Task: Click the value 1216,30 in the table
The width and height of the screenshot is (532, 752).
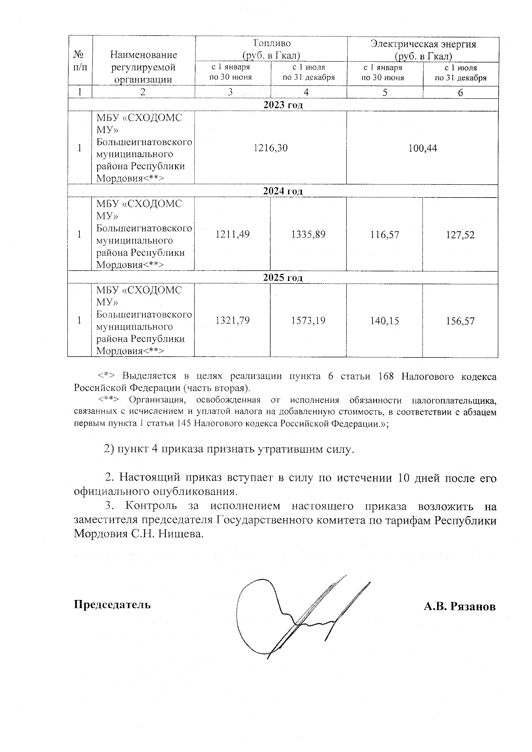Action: point(270,148)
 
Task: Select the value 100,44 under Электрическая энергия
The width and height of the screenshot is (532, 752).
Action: point(422,148)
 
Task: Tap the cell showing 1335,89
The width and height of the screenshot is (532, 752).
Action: point(308,234)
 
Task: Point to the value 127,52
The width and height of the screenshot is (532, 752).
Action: point(460,234)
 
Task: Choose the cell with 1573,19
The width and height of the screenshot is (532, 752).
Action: point(308,320)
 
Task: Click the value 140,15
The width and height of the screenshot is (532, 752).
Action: point(384,320)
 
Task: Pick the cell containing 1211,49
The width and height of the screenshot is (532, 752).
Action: point(232,234)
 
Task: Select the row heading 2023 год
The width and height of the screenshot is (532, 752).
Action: point(282,105)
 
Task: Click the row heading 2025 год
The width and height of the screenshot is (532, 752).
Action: point(282,278)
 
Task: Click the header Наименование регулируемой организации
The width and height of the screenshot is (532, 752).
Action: point(143,67)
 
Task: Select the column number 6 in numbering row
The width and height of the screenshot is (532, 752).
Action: point(460,93)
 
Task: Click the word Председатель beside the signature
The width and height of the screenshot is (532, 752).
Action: point(112,604)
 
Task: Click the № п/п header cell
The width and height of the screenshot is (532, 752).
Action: point(80,61)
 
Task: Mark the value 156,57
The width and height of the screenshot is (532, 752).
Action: point(460,320)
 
